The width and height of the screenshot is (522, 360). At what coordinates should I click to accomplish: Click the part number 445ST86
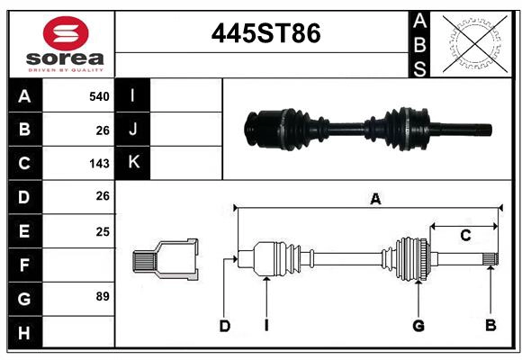(x=265, y=33)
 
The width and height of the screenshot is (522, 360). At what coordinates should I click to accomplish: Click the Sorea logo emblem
(x=65, y=33)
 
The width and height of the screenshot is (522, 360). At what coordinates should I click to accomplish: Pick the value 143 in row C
(x=99, y=164)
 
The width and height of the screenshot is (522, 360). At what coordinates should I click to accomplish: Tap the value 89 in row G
(x=102, y=296)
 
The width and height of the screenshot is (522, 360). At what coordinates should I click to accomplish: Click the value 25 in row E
(x=103, y=231)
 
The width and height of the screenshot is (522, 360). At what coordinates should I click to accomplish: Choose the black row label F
(x=23, y=265)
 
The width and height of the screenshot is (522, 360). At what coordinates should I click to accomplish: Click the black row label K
(x=133, y=162)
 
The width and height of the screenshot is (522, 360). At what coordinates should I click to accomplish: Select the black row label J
(x=133, y=129)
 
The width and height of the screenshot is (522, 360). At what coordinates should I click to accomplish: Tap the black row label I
(x=133, y=95)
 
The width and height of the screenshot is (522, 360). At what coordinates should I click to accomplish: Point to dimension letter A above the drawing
(x=375, y=200)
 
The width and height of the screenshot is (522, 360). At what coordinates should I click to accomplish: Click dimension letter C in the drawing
(x=465, y=236)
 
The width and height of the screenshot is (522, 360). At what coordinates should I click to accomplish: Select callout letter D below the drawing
(x=224, y=326)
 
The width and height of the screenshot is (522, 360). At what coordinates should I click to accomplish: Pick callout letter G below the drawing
(x=418, y=326)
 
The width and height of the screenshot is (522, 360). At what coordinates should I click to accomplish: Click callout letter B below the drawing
(x=490, y=326)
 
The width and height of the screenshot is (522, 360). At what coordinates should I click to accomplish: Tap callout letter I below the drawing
(x=266, y=326)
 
